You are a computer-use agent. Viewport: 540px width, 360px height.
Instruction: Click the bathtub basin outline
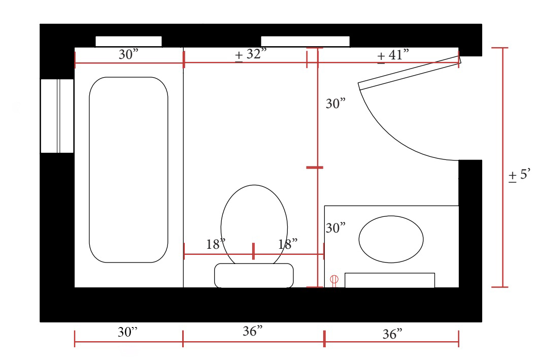pyautogui.click(x=89, y=170)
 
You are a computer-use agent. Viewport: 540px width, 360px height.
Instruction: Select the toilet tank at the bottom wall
pyautogui.click(x=254, y=275)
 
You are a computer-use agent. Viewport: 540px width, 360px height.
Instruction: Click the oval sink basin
pyautogui.click(x=359, y=240)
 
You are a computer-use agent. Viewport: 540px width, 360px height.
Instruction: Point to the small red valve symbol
pyautogui.click(x=334, y=280)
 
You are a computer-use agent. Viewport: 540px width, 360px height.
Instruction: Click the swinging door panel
pyautogui.click(x=410, y=73)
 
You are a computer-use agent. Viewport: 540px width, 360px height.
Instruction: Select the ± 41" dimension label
pyautogui.click(x=393, y=55)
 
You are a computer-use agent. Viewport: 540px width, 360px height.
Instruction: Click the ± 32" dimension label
pyautogui.click(x=251, y=54)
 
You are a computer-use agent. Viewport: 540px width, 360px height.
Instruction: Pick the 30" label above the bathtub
pyautogui.click(x=128, y=54)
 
